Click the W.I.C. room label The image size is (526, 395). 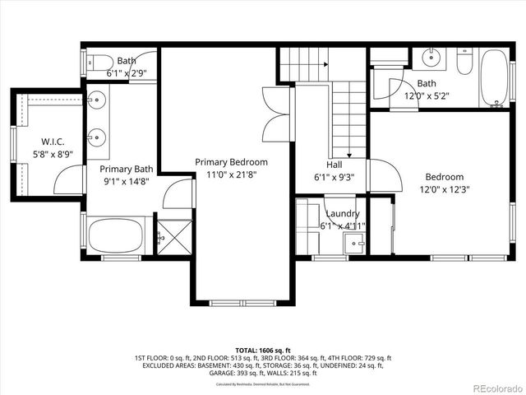(48, 142)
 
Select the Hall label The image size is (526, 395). (334, 165)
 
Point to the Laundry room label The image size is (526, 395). (342, 214)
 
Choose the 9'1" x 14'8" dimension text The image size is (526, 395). (127, 180)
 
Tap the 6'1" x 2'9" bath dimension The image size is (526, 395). (127, 72)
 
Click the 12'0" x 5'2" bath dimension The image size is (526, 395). (426, 95)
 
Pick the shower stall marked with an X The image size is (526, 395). (175, 237)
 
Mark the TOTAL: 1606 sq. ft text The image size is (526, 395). (263, 350)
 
